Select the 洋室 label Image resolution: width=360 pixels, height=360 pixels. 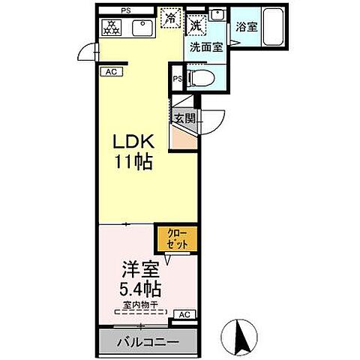click(136, 268)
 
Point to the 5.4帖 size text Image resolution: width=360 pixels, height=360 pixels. click(136, 288)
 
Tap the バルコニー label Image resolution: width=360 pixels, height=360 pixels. click(147, 343)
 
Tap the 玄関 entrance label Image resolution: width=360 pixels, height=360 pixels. click(184, 118)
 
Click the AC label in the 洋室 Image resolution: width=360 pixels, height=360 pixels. click(184, 315)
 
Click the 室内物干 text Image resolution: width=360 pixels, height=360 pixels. click(140, 304)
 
